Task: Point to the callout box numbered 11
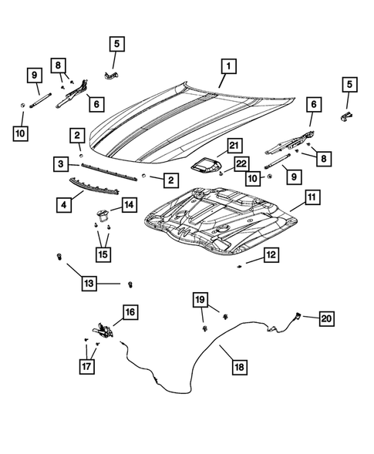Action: pyautogui.click(x=311, y=199)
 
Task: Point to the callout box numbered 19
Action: pyautogui.click(x=200, y=299)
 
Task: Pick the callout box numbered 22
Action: pyautogui.click(x=241, y=163)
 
